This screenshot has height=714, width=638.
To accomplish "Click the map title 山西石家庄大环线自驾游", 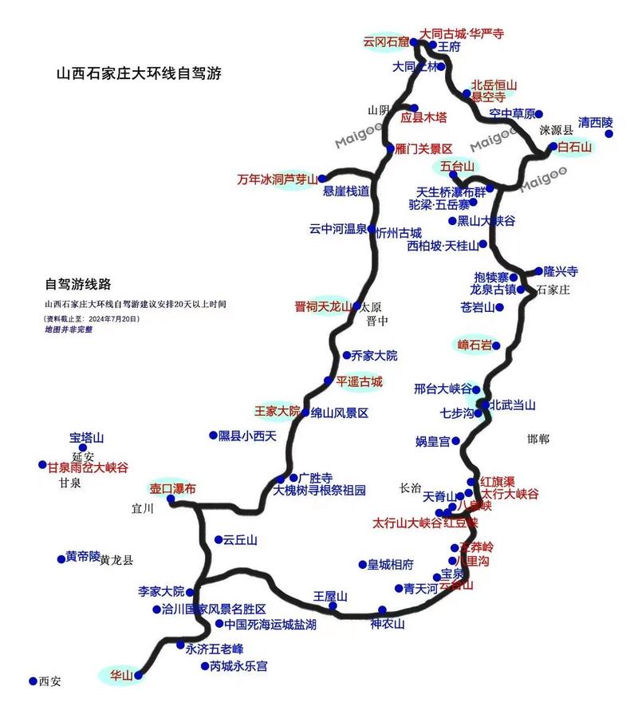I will pos(138,73).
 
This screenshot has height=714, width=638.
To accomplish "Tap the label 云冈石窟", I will pos(385,41).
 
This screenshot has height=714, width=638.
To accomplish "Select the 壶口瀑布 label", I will pos(172,488).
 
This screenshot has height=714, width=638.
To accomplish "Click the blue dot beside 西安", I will pos(33,681).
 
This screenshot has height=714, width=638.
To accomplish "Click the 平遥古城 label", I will pos(359,381).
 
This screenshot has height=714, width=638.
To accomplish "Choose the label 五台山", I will pos(457,166).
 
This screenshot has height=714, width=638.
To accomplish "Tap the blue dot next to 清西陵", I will pos(609,134).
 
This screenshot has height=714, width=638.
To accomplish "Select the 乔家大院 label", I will pos(375,355).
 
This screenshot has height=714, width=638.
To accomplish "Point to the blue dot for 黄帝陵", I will pos(61,558).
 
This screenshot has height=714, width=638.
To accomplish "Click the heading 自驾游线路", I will pos(77,284).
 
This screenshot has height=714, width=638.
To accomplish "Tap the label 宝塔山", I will pos(87,438).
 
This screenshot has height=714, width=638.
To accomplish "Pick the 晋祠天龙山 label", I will pos(322,306).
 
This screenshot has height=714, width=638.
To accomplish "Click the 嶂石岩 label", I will pos(474,345).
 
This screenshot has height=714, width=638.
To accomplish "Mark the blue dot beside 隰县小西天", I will pos(213,436).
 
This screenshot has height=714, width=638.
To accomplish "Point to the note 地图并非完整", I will pos(68,329).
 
